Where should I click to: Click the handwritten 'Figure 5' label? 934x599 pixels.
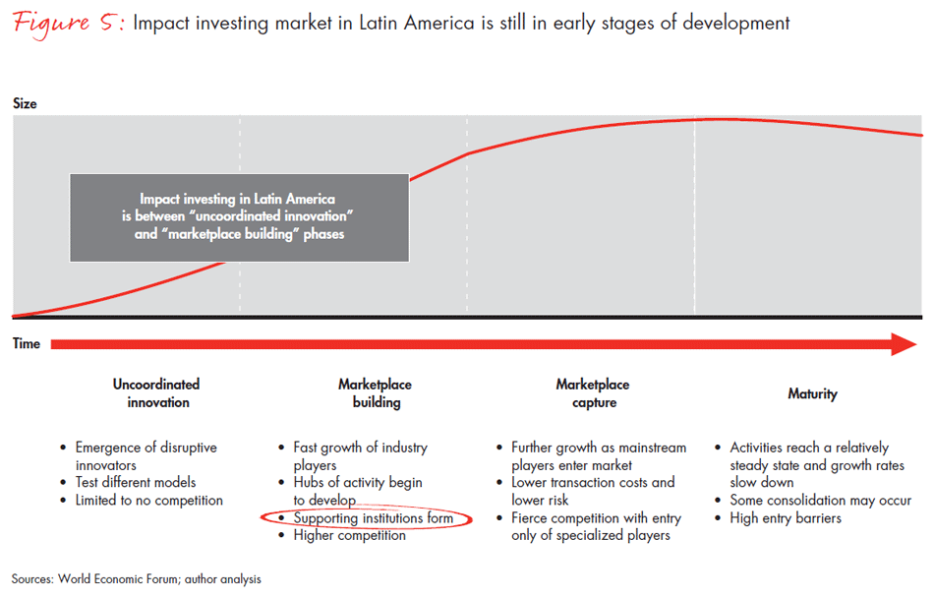pyautogui.click(x=64, y=23)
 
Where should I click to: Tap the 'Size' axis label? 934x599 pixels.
pyautogui.click(x=26, y=103)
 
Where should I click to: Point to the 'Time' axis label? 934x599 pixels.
pyautogui.click(x=27, y=343)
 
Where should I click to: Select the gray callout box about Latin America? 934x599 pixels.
pyautogui.click(x=239, y=217)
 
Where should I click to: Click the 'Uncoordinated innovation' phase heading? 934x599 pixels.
pyautogui.click(x=156, y=393)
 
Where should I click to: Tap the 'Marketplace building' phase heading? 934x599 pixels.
pyautogui.click(x=375, y=393)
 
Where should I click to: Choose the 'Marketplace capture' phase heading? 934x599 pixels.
pyautogui.click(x=592, y=393)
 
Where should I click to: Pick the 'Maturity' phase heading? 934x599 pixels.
pyautogui.click(x=812, y=393)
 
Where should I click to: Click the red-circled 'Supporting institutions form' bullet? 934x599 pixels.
pyautogui.click(x=373, y=517)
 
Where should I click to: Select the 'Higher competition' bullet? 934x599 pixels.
pyautogui.click(x=349, y=535)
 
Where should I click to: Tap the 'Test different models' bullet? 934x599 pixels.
pyautogui.click(x=136, y=482)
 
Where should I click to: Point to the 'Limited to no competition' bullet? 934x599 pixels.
pyautogui.click(x=148, y=500)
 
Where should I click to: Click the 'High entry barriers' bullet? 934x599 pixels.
pyautogui.click(x=786, y=517)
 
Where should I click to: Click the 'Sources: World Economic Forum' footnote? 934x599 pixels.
pyautogui.click(x=137, y=579)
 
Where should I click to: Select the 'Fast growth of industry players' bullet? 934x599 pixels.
pyautogui.click(x=360, y=455)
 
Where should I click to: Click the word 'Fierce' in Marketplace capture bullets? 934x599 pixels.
pyautogui.click(x=531, y=517)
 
